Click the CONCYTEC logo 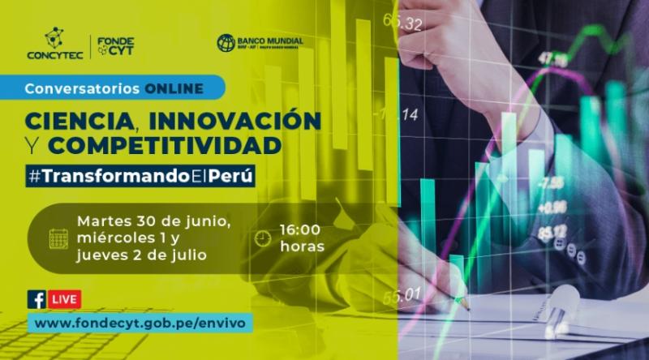[x=54, y=45]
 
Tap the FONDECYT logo [x=115, y=46]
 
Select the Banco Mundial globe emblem [x=226, y=43]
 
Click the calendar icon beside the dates [x=58, y=238]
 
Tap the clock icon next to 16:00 [x=261, y=238]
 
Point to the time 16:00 [x=302, y=230]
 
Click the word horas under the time [x=302, y=246]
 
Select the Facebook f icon [x=37, y=299]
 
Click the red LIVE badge [x=65, y=299]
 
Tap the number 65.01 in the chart [x=403, y=294]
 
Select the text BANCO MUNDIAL [x=272, y=41]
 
